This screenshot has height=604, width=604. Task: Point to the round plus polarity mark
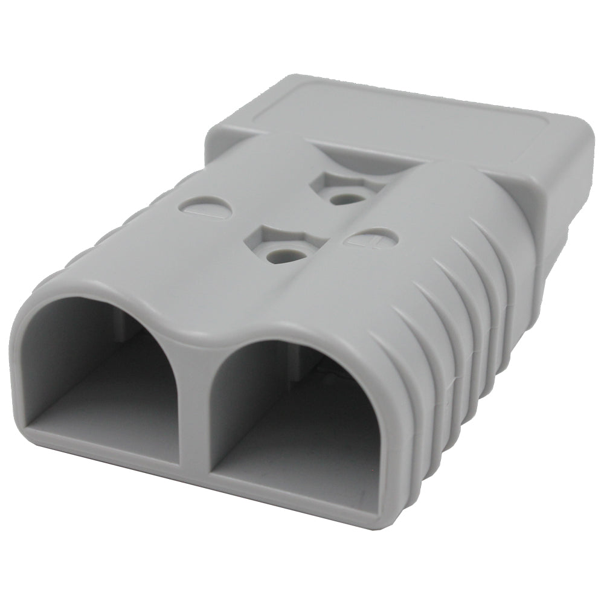click(x=374, y=238)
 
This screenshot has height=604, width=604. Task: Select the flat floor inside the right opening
click(x=290, y=459)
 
